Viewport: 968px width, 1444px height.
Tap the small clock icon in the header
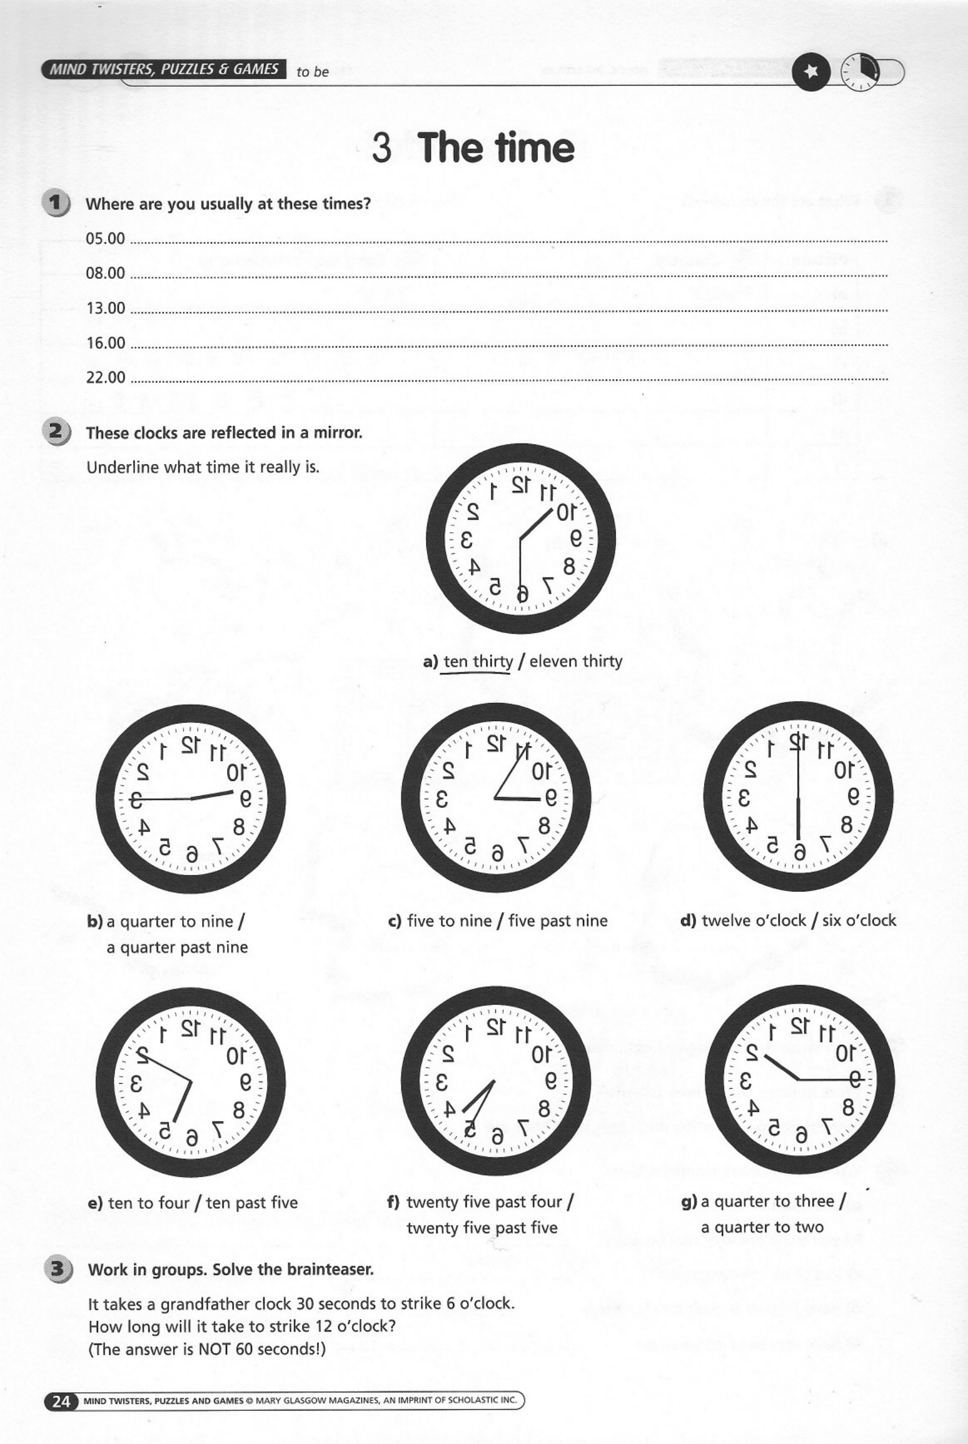(860, 72)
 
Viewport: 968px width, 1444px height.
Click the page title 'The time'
(496, 148)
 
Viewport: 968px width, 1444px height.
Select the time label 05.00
(105, 239)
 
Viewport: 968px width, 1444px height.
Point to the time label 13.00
(105, 308)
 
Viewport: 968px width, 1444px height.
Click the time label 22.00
(105, 377)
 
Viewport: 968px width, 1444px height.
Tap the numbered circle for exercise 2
(56, 432)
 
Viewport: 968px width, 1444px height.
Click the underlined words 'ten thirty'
(478, 661)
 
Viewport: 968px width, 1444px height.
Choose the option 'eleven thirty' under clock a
(575, 661)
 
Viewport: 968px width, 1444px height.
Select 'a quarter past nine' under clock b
(177, 947)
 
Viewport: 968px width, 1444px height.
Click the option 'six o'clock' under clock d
(859, 920)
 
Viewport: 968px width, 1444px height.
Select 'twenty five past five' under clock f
(482, 1228)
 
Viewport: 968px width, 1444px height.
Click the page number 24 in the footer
(61, 1402)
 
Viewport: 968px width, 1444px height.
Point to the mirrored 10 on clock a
(565, 513)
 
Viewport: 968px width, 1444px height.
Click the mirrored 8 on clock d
(846, 825)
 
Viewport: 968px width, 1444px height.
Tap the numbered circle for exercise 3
(57, 1269)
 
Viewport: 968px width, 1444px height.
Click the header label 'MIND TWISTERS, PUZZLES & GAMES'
(164, 69)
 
